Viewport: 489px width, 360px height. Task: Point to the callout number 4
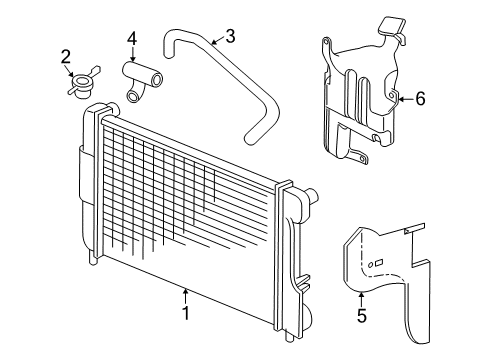coord(131,39)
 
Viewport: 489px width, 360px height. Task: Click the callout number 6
coord(420,98)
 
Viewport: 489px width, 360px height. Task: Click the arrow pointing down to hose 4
coord(131,57)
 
